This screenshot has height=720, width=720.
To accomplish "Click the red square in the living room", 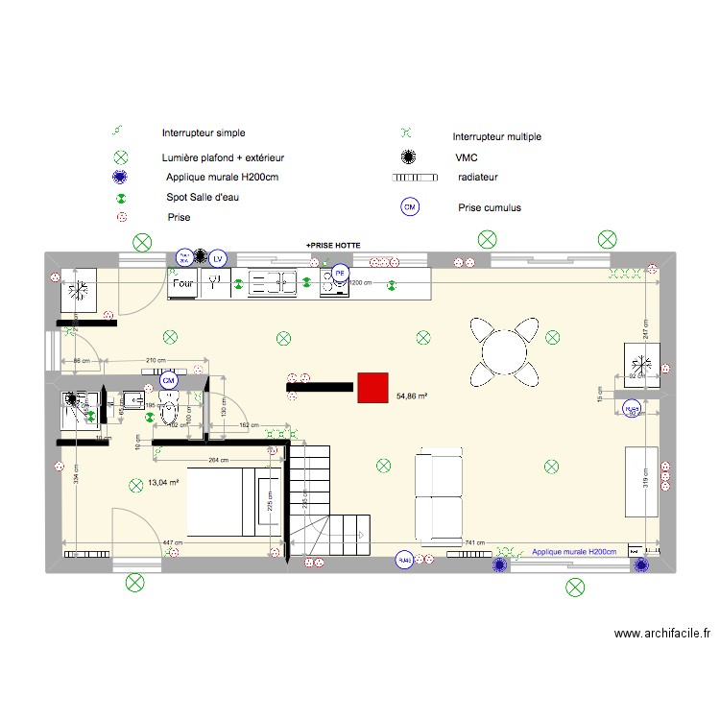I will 372,387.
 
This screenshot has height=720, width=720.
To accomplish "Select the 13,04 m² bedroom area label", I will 164,482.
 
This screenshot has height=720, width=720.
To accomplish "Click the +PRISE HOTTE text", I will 333,247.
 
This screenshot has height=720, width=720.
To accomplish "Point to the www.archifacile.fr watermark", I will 664,634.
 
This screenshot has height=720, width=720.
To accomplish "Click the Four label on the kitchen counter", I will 183,283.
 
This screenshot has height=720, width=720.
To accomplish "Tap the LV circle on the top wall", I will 218,257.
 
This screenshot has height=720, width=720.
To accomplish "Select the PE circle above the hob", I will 339,274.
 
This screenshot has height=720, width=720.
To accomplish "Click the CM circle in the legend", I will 410,206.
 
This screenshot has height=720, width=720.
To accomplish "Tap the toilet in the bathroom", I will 170,411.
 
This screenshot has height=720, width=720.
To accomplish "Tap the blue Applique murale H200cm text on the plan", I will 574,552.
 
